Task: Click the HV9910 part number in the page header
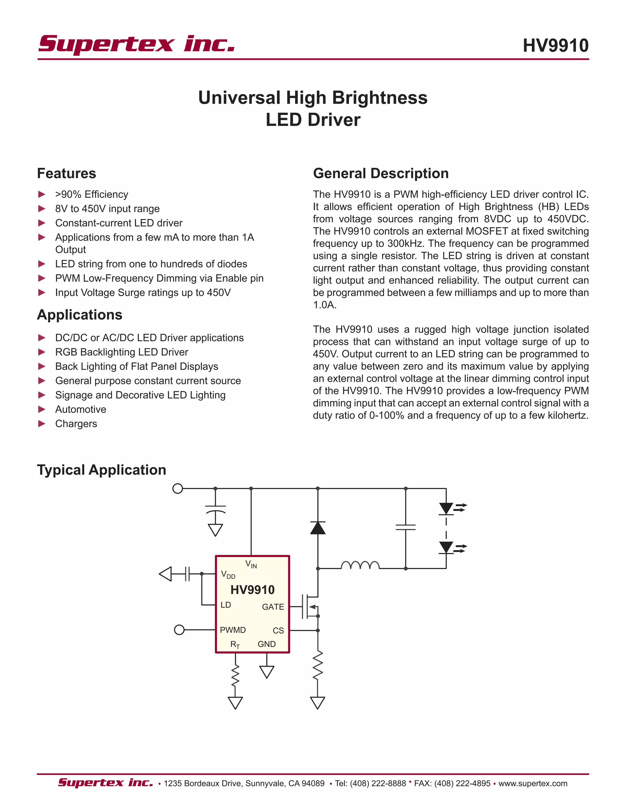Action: [x=555, y=46]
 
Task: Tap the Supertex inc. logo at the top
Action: [x=136, y=45]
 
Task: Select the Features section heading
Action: [x=66, y=173]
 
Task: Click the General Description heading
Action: [x=381, y=173]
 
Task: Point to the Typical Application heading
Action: [x=101, y=470]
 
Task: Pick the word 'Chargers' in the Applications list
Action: [x=76, y=424]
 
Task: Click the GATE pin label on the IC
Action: [x=273, y=607]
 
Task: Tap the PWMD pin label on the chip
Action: [x=233, y=630]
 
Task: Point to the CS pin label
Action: [x=278, y=631]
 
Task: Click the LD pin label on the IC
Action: [x=226, y=605]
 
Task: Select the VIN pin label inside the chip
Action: [x=251, y=565]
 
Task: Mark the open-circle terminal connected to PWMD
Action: [x=179, y=630]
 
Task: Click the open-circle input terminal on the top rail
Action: [x=178, y=488]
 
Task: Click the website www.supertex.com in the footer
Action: [x=532, y=783]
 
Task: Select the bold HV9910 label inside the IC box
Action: [x=252, y=590]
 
